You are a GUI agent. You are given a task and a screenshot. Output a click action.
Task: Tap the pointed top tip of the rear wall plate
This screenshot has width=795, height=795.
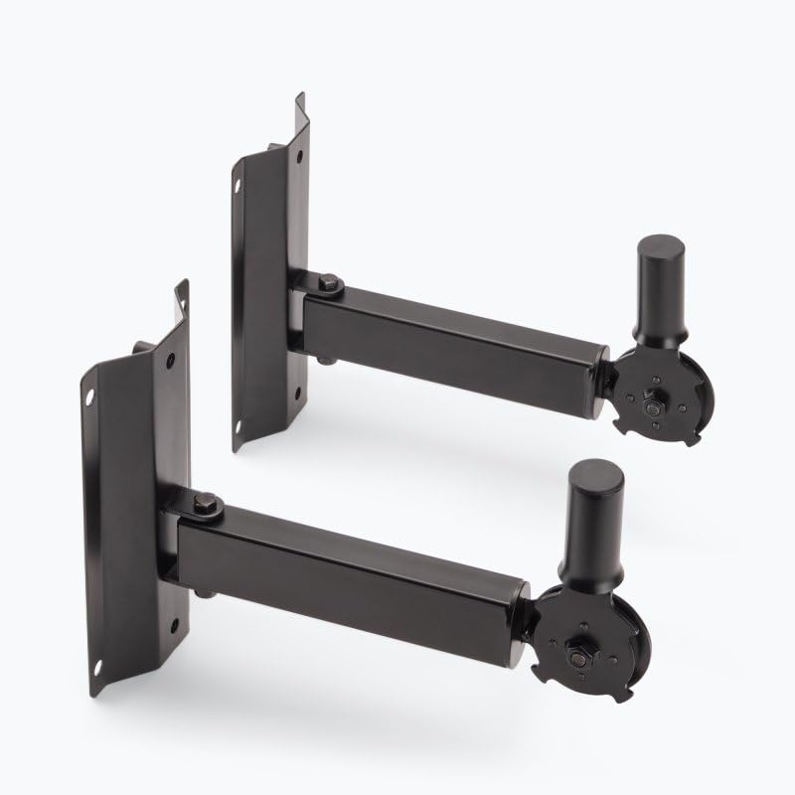click(299, 96)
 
